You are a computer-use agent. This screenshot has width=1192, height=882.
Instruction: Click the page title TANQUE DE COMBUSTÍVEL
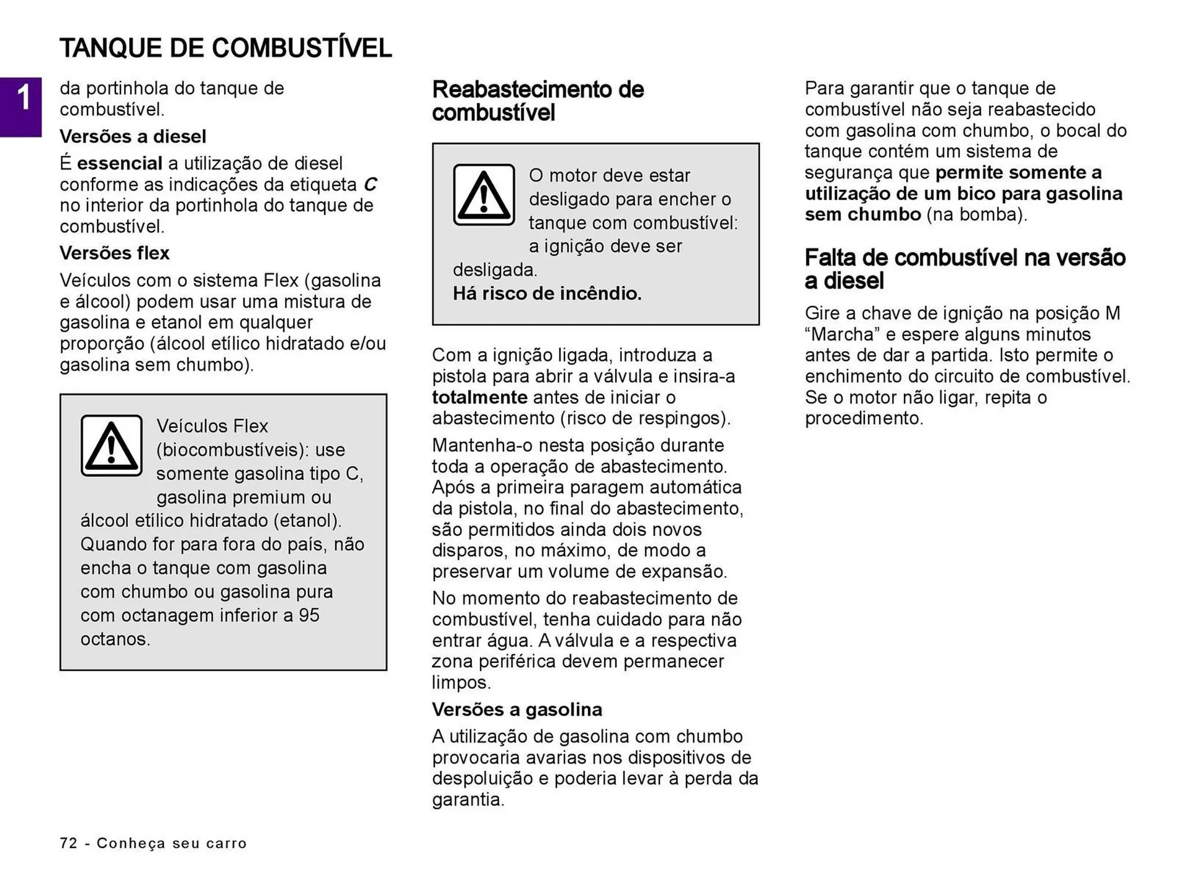coord(225,48)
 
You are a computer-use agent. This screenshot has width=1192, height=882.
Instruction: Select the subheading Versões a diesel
coord(133,137)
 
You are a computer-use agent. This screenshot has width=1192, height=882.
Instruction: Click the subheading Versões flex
coord(114,253)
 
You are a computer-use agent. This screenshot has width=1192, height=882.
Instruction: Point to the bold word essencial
coord(119,164)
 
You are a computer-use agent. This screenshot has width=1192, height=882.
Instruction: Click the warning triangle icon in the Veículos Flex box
coord(112,446)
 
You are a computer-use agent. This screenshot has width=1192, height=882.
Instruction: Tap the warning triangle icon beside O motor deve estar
coord(484,195)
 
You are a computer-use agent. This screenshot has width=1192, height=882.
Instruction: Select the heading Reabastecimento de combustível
coord(538,101)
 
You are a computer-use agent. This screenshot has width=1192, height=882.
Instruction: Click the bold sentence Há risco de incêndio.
coord(547,294)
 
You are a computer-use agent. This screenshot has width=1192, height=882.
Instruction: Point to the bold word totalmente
coord(479,397)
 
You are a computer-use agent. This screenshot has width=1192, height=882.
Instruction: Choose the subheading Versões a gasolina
coord(517,709)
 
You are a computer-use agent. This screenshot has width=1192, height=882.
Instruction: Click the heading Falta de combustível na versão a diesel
coord(965,269)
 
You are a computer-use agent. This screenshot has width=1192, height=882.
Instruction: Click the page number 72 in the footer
coord(68,843)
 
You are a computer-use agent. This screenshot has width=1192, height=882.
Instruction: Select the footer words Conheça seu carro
coord(171,843)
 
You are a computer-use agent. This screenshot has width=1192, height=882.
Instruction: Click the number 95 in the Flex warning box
coord(309,615)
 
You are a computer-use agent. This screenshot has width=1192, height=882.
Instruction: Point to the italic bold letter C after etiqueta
coord(370,185)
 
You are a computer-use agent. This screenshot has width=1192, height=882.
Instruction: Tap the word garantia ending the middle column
coord(467,799)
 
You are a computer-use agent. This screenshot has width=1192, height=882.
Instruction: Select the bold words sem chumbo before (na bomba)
coord(862,215)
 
